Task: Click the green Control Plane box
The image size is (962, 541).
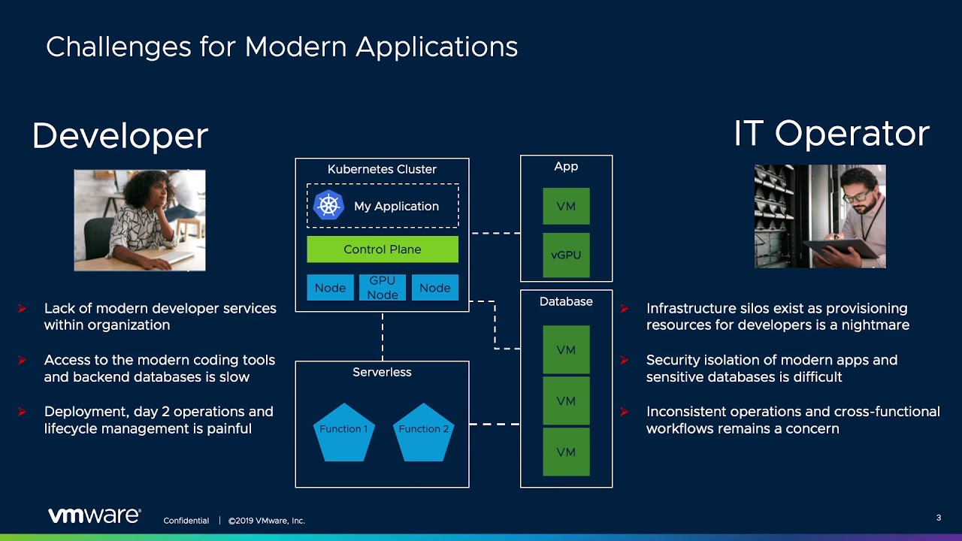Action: click(x=382, y=249)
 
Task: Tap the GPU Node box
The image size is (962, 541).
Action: click(x=382, y=288)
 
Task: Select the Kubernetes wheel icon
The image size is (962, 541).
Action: click(x=328, y=205)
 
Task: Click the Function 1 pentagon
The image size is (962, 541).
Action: click(x=343, y=432)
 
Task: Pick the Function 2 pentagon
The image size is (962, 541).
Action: click(x=423, y=432)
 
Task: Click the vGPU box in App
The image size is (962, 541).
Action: click(x=566, y=255)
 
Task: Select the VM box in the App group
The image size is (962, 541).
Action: click(x=566, y=207)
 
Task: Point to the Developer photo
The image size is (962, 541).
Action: click(x=139, y=220)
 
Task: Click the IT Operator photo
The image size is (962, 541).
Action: click(x=820, y=216)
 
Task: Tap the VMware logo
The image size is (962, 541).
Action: click(x=94, y=515)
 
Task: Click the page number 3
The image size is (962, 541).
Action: click(x=939, y=518)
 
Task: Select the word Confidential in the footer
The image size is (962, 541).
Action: click(x=186, y=521)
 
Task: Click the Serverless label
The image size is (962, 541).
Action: click(x=382, y=372)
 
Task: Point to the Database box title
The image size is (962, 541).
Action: click(x=566, y=301)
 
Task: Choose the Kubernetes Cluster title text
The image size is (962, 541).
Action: click(x=382, y=169)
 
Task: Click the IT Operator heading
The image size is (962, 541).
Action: click(x=831, y=133)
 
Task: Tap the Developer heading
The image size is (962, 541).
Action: click(x=119, y=136)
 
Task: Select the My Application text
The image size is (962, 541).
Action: click(x=396, y=206)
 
